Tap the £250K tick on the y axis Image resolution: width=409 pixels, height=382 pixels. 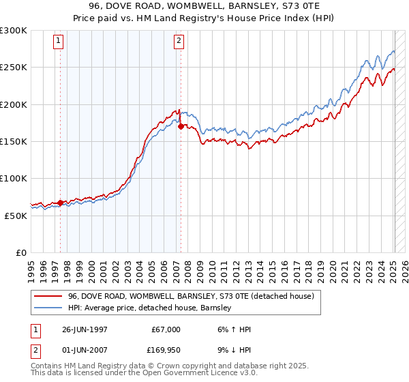(x=14, y=68)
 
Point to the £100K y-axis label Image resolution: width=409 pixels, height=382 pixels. (x=14, y=178)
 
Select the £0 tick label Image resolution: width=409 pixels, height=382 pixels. (x=21, y=252)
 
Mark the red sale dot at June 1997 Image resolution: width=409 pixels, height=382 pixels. (x=60, y=203)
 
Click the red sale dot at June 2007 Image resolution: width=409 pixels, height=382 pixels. (x=181, y=126)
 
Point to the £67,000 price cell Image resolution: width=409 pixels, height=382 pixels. (x=165, y=329)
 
